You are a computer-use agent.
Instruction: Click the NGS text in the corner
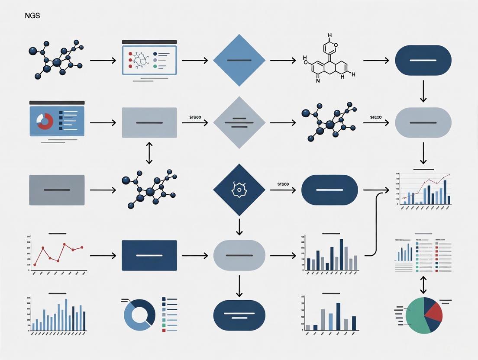33,16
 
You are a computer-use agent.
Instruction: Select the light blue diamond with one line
239,60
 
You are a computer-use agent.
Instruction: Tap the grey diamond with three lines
239,123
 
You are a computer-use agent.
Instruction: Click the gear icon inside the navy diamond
239,190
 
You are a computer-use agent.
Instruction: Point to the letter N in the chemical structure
318,80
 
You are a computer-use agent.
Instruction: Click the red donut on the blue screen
44,122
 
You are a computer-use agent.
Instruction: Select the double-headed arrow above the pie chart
423,285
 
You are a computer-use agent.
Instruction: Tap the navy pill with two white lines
239,315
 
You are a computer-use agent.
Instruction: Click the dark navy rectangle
149,255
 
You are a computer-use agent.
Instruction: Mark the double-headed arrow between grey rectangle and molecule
149,153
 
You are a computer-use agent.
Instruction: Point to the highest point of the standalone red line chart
64,244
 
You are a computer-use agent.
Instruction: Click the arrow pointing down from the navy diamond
239,226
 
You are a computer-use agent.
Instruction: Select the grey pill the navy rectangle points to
239,255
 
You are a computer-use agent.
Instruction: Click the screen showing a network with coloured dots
149,60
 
